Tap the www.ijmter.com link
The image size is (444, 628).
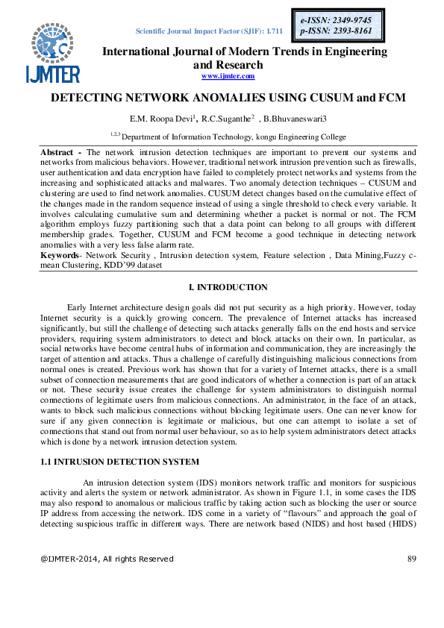click(x=228, y=76)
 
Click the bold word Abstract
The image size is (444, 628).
click(x=57, y=151)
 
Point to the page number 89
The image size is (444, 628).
click(x=411, y=559)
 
